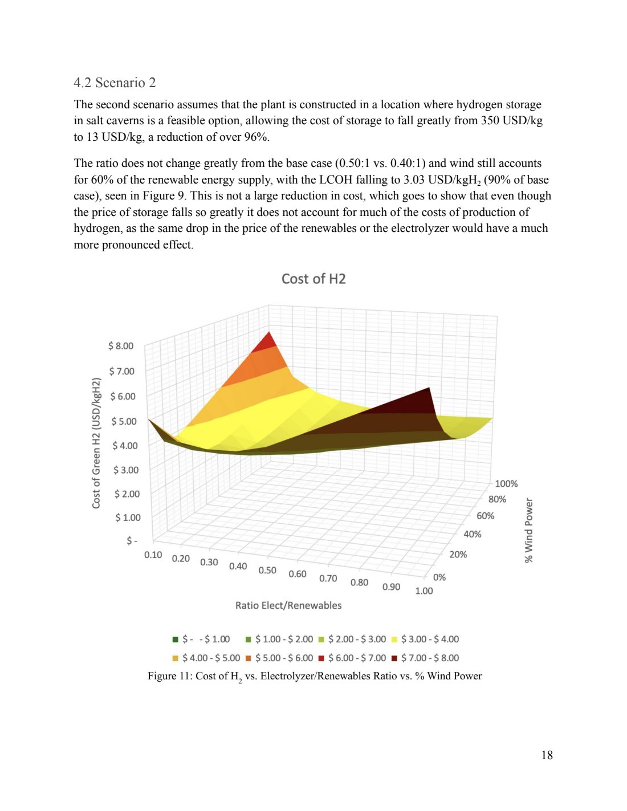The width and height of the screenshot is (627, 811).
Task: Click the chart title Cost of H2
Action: [313, 279]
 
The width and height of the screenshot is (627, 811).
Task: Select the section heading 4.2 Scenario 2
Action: [115, 83]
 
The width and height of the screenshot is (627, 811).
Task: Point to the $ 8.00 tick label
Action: [121, 346]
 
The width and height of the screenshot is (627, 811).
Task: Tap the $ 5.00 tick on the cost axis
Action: [124, 421]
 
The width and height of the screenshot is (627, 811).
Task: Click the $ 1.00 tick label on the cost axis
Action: [128, 517]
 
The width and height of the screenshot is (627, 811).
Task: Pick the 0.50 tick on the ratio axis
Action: [267, 570]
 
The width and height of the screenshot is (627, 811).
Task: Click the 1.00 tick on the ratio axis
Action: [424, 590]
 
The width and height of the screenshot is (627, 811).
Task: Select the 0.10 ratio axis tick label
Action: [153, 555]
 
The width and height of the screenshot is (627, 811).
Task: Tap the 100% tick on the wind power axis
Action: [506, 484]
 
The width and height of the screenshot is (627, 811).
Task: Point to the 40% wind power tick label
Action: [472, 534]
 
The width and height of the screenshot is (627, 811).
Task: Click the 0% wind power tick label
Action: [439, 577]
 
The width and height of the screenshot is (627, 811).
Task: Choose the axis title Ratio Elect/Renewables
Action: [288, 605]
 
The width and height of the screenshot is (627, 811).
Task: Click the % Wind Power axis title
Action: [529, 531]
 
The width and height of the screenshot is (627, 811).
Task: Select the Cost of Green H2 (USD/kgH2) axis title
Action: [96, 443]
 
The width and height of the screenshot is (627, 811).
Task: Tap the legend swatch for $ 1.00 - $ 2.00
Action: [248, 639]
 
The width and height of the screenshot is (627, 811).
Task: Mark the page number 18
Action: [547, 755]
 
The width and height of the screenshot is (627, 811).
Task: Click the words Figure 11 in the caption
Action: [169, 676]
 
